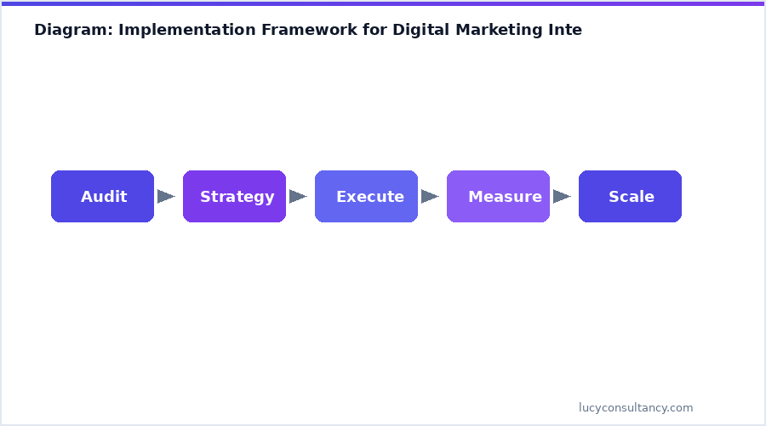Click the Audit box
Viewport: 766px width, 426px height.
102,197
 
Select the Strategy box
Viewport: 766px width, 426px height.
234,197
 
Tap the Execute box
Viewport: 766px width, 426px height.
366,197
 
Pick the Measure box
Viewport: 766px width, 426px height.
498,197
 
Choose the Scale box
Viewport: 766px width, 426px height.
630,197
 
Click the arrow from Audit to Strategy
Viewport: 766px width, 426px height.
166,197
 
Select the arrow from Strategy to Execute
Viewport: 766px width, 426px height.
298,197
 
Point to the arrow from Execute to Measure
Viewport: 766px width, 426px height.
430,197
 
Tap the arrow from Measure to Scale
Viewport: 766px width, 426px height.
562,197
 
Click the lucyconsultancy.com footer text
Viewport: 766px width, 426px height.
636,408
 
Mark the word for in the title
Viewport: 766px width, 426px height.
375,31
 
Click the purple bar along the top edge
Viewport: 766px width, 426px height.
383,3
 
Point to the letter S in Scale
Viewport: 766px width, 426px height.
614,197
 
